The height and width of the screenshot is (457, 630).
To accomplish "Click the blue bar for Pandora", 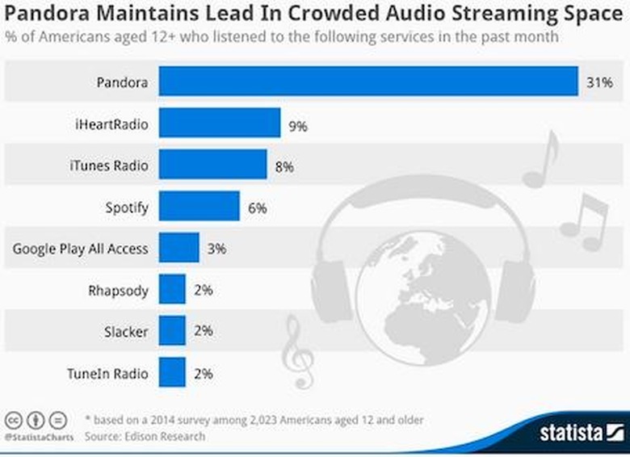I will [x=367, y=82].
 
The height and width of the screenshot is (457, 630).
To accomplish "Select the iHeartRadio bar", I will [x=219, y=124].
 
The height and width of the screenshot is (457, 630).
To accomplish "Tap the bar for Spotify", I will [x=199, y=207].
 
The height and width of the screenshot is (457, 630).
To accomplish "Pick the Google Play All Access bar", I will [x=178, y=248].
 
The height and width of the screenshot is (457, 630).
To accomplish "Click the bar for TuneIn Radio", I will [x=172, y=373].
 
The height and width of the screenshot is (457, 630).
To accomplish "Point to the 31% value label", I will [x=598, y=82].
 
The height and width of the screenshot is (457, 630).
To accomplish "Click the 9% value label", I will [x=298, y=125].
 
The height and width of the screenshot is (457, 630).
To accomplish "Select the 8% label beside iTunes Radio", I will [x=283, y=166].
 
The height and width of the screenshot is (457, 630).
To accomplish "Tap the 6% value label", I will [x=257, y=208].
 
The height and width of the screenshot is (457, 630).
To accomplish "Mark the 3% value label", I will [x=216, y=249].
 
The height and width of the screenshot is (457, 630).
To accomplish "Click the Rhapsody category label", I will [x=118, y=291].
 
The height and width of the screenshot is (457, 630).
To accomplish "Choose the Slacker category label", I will [x=125, y=332].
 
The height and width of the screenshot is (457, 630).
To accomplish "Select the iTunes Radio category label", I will [x=109, y=166].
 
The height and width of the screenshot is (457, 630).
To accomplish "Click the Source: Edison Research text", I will [x=145, y=437].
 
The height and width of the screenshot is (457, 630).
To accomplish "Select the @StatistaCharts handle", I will [x=39, y=437].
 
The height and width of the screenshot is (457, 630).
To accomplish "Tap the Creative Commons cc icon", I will [x=14, y=420].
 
